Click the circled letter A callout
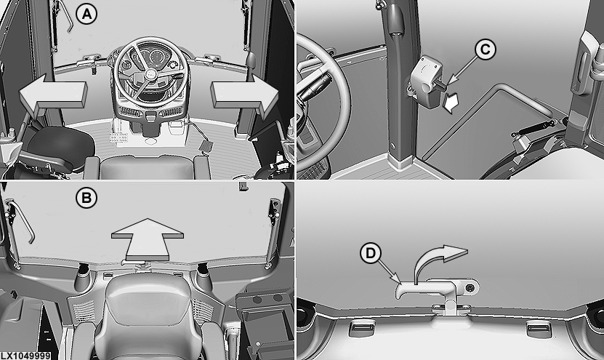(86, 14)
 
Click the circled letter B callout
(86, 198)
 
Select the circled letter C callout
(485, 49)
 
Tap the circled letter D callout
(370, 253)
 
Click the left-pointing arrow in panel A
(53, 95)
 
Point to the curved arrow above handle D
(439, 262)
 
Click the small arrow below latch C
(451, 103)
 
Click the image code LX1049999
(25, 356)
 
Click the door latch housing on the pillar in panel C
(426, 80)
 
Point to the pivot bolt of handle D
(470, 287)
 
